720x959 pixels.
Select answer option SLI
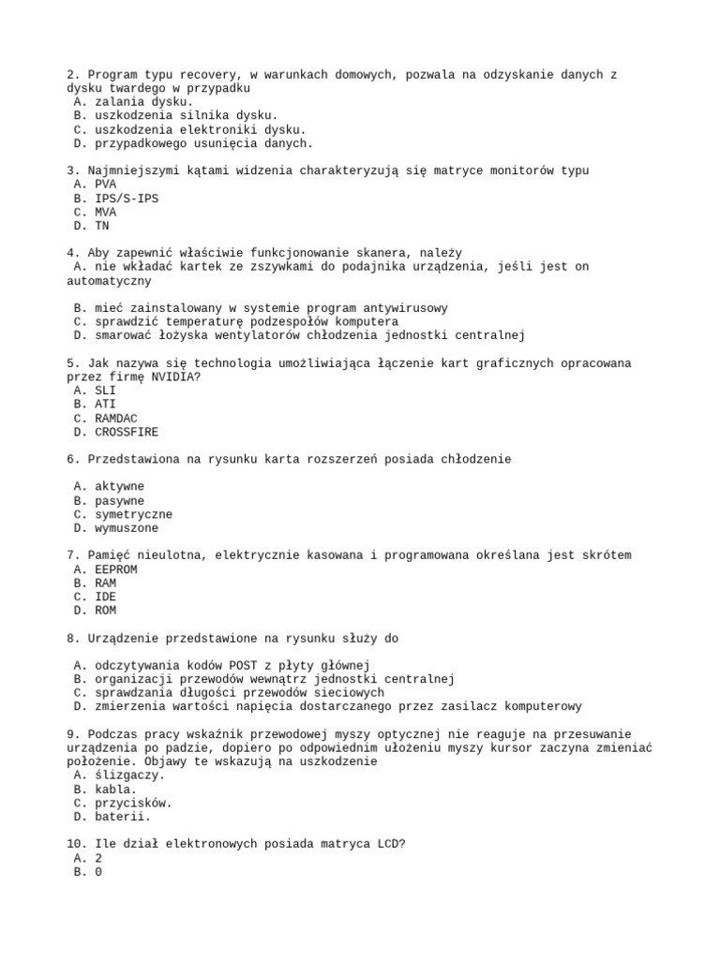[x=105, y=391]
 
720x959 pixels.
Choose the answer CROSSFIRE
[x=127, y=432]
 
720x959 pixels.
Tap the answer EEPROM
[x=116, y=569]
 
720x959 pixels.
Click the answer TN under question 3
[x=102, y=226]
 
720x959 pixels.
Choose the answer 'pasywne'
[x=119, y=501]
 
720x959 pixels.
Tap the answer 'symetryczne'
[x=133, y=514]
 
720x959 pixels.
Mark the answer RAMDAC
[x=116, y=418]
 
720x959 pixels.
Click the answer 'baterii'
[x=123, y=817]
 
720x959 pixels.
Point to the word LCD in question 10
[x=387, y=844]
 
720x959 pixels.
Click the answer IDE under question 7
[x=105, y=597]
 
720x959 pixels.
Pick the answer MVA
[x=105, y=212]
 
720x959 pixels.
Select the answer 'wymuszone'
[x=127, y=528]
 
